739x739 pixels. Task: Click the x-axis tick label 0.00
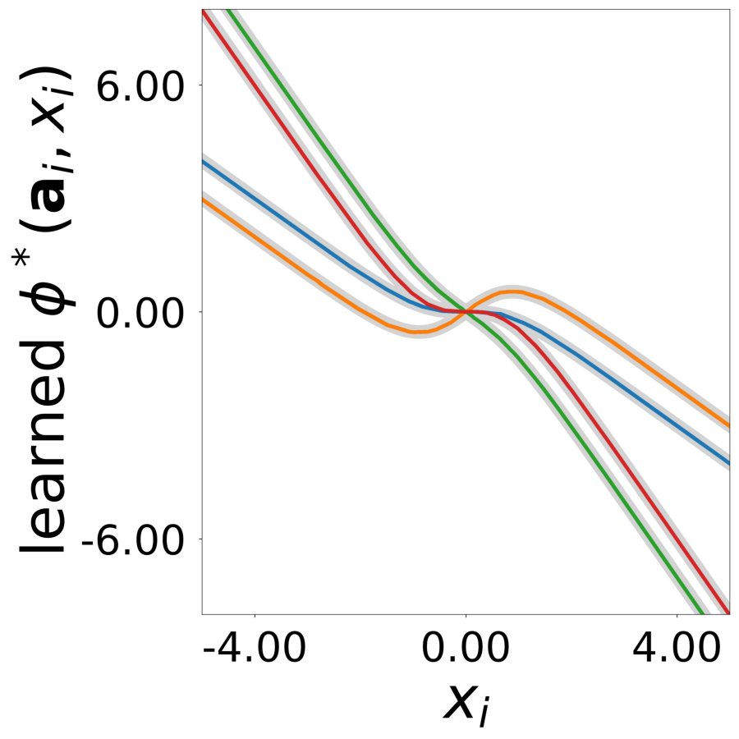466,653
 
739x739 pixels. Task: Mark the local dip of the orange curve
417,332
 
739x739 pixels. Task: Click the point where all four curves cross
466,311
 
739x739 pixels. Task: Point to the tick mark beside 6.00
200,85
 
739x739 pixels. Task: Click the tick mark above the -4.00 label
255,617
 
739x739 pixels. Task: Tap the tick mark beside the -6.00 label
200,539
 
